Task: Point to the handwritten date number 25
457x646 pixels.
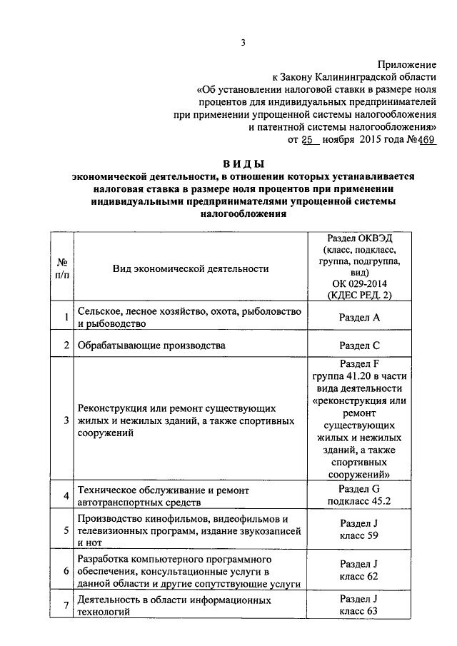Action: tap(308, 139)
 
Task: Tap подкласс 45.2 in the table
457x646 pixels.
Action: tap(359, 501)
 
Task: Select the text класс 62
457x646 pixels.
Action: tap(359, 577)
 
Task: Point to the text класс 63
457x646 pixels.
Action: tap(359, 612)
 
